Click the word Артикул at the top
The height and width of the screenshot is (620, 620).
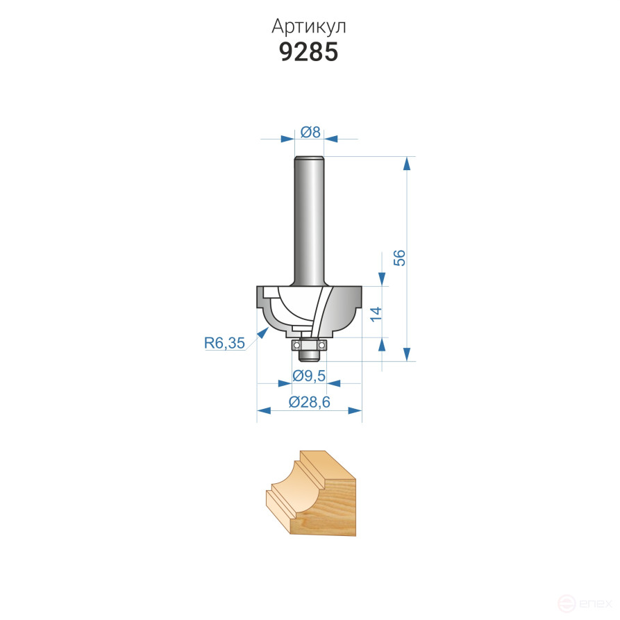(x=309, y=27)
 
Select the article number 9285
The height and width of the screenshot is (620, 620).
(x=309, y=52)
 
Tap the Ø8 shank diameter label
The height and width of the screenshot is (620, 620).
(x=310, y=132)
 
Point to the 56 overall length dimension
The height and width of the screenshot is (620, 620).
(x=400, y=258)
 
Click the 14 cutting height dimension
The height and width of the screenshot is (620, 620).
(x=376, y=314)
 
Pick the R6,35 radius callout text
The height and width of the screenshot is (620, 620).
(x=224, y=343)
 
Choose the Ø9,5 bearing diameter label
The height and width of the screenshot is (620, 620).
(x=309, y=376)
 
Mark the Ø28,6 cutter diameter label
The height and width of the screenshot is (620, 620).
(x=309, y=402)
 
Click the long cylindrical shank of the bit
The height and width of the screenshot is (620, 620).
(x=309, y=220)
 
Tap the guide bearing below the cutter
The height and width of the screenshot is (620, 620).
(x=309, y=345)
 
